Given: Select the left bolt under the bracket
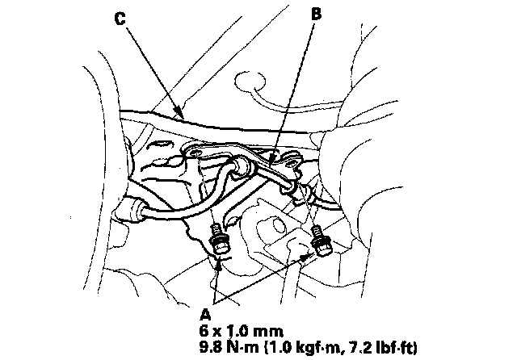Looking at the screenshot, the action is pos(217,240).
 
